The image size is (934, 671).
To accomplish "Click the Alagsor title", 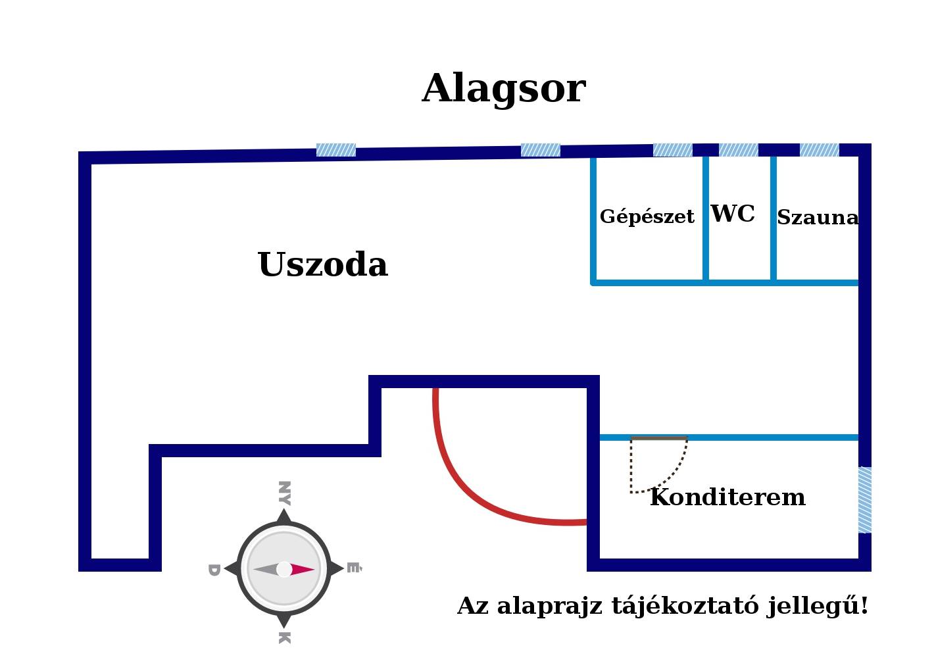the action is [x=504, y=88].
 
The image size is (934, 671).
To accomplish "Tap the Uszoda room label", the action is [x=323, y=264].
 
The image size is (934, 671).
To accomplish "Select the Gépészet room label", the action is [x=647, y=217].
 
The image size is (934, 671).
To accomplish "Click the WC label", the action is [x=733, y=214].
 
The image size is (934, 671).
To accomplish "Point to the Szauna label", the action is [x=818, y=217].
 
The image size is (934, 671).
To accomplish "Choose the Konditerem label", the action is [x=727, y=497].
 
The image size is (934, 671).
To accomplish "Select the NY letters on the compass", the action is [x=284, y=493].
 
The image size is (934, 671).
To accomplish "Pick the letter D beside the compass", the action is [x=214, y=570].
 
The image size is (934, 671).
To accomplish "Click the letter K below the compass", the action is [x=284, y=638].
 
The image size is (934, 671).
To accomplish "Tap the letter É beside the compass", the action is [x=354, y=568].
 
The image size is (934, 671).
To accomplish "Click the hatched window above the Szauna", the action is [x=820, y=150].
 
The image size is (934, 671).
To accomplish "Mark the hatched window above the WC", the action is [x=739, y=150].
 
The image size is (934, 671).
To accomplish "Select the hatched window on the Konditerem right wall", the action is [x=865, y=500].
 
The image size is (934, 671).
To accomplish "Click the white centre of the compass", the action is [x=284, y=569].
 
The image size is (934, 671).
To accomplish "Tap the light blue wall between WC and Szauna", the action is [x=774, y=218].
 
